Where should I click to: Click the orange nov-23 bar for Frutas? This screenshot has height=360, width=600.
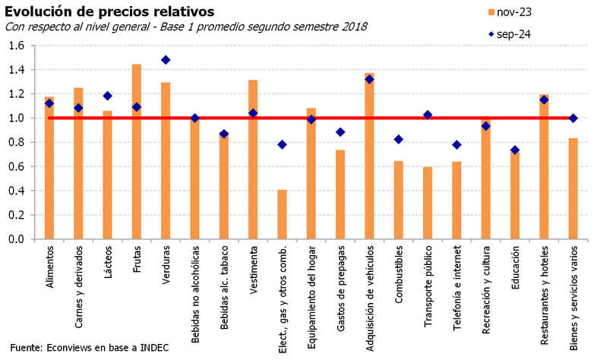(x=137, y=152)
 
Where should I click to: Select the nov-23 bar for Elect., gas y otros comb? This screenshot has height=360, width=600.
(x=282, y=214)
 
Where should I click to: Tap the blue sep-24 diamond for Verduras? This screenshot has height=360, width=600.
(x=166, y=60)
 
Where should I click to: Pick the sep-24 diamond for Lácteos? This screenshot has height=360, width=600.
(x=108, y=96)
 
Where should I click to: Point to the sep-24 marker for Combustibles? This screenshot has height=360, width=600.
(x=398, y=139)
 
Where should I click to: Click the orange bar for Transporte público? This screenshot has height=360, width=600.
(x=427, y=203)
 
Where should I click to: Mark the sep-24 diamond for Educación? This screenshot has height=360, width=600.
(x=514, y=150)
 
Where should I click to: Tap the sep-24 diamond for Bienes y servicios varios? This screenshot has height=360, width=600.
(x=573, y=118)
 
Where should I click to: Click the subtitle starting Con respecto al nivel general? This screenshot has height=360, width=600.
(x=186, y=27)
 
